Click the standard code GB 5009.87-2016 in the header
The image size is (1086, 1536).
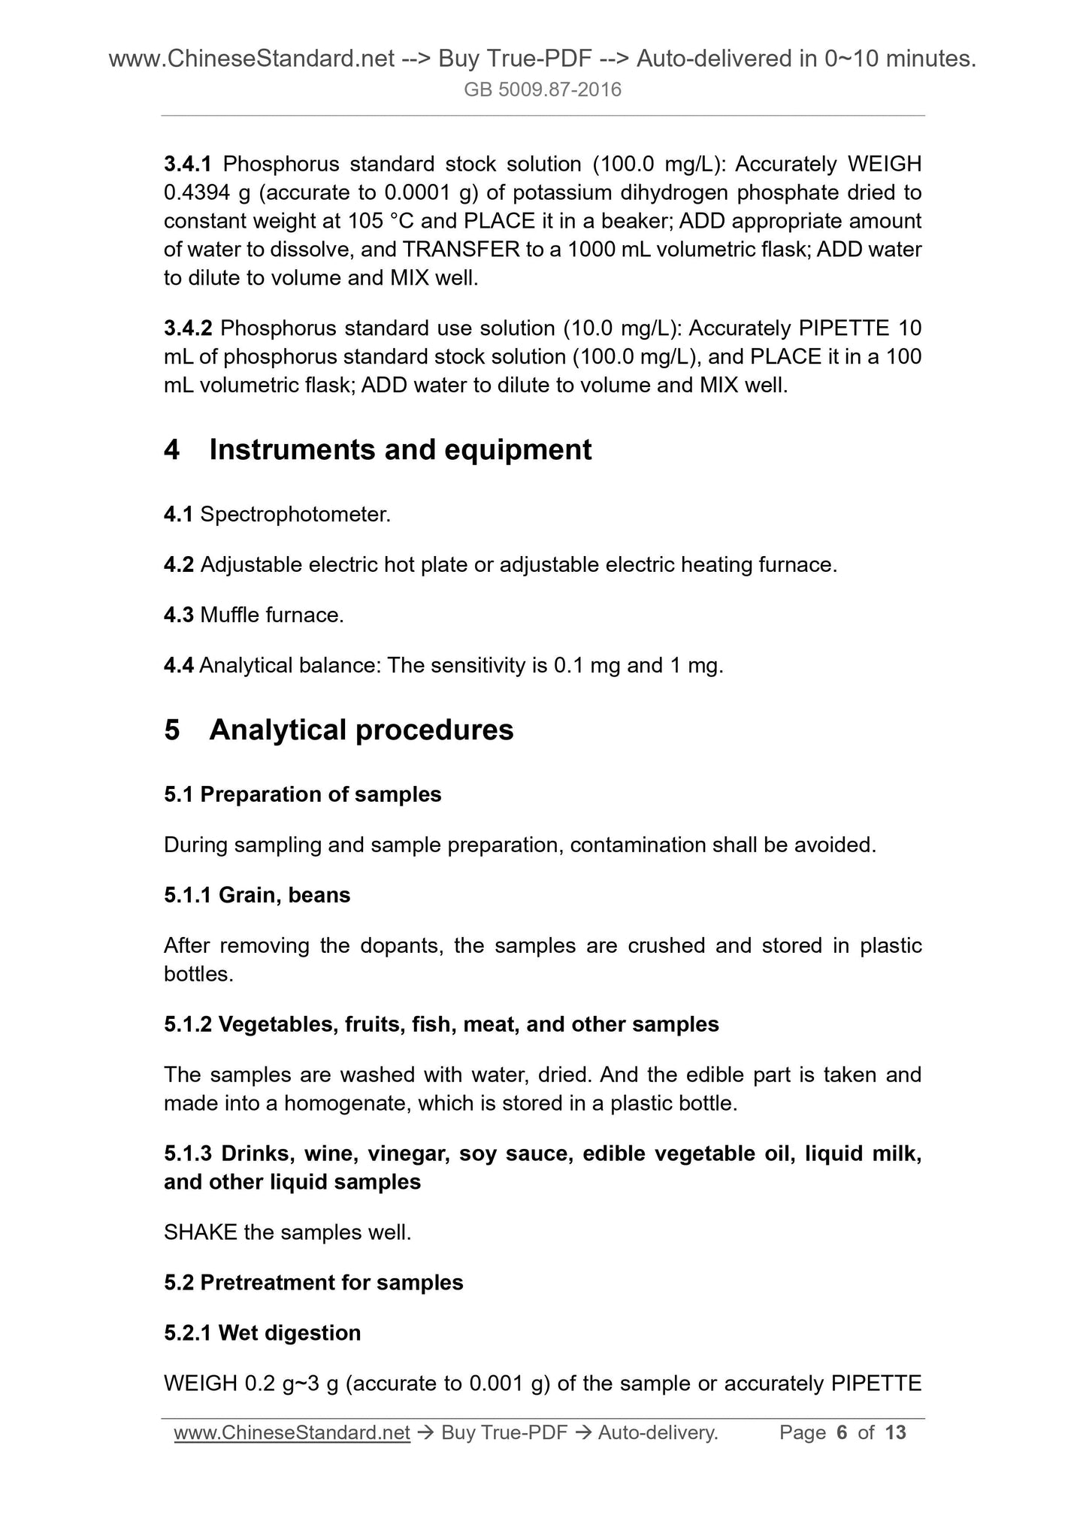pyautogui.click(x=543, y=90)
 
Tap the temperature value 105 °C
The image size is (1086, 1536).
pyautogui.click(x=384, y=221)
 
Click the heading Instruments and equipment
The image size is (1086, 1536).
pyautogui.click(x=400, y=449)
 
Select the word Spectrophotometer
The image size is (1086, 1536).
pyautogui.click(x=295, y=515)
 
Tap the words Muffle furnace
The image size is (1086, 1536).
pyautogui.click(x=272, y=615)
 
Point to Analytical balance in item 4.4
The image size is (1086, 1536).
pyautogui.click(x=290, y=665)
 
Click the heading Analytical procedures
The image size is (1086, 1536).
pyautogui.click(x=361, y=730)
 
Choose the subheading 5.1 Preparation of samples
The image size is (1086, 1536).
pyautogui.click(x=303, y=794)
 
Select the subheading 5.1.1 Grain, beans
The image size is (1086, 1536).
pyautogui.click(x=257, y=895)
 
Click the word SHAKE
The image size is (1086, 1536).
pyautogui.click(x=200, y=1232)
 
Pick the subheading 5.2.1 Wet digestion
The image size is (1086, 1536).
pyautogui.click(x=262, y=1333)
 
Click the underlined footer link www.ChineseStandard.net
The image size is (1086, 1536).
pyautogui.click(x=292, y=1433)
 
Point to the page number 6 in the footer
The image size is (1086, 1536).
pyautogui.click(x=842, y=1433)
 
